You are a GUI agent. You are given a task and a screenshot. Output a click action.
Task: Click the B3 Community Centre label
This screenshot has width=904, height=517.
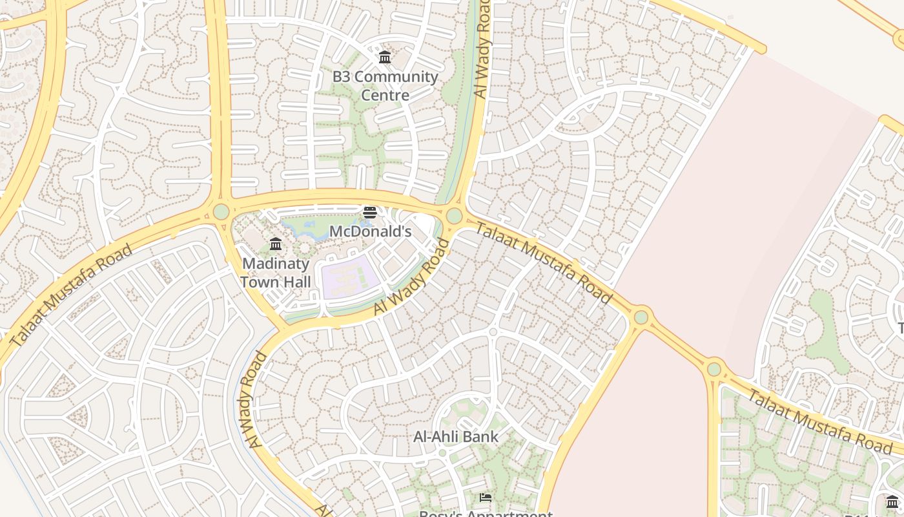385,86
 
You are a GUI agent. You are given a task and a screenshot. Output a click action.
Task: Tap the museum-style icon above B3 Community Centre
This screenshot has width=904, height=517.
385,58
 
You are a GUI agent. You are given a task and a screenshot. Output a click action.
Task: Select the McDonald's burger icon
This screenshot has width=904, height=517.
370,213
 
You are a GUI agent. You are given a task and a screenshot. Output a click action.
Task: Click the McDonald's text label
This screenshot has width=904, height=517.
370,231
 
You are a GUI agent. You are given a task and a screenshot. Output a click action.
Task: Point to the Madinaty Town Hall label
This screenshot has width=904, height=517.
276,273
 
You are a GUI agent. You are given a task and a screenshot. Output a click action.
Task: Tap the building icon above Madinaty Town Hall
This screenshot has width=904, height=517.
276,244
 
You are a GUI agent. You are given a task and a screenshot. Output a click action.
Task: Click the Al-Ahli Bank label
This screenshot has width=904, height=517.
456,437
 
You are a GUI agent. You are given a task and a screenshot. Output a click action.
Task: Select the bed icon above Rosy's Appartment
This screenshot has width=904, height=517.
486,497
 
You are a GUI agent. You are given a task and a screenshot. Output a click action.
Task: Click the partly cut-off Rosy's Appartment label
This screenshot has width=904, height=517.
486,513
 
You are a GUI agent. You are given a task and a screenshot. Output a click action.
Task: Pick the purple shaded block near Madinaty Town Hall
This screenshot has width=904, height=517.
349,277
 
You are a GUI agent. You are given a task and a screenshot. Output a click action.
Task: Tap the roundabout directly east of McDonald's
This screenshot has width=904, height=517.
454,216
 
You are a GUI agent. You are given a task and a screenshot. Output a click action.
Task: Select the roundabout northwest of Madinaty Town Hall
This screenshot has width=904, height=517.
221,211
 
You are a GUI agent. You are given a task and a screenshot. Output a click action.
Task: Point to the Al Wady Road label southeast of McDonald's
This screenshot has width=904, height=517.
411,278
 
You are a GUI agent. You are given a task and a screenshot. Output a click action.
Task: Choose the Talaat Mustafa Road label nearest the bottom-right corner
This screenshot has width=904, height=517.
819,421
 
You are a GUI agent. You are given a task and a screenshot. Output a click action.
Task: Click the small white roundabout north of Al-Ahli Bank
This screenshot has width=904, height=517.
493,332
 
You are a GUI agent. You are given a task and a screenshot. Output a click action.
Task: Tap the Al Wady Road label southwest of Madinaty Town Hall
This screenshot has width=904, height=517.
256,399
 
